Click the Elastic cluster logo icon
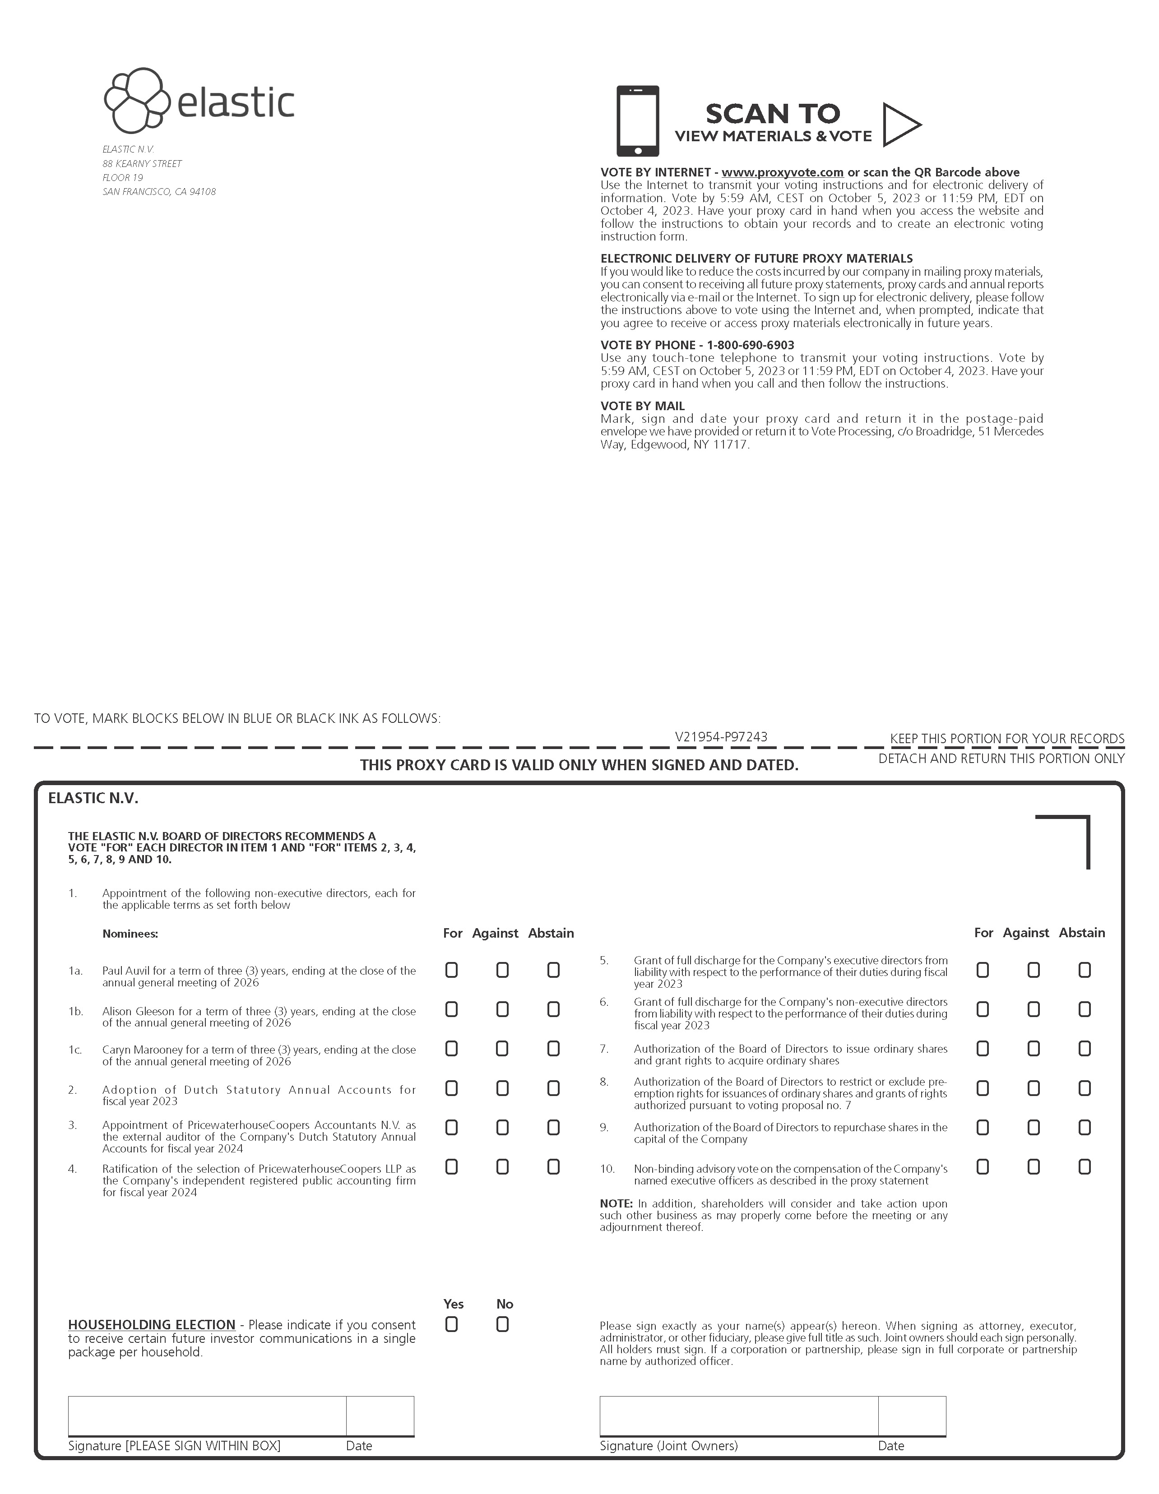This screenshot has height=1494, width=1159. point(137,101)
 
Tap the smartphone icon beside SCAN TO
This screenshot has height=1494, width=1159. point(638,121)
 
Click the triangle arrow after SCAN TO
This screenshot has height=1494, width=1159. point(900,125)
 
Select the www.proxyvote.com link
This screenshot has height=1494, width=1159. point(782,172)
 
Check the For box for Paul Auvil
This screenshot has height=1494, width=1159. point(452,970)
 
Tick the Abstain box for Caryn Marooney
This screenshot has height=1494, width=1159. point(553,1049)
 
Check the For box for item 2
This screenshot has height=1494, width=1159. point(452,1088)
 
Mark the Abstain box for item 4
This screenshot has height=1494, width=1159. point(553,1167)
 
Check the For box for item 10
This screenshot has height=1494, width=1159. point(983,1167)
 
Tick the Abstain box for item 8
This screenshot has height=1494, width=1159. point(1085,1088)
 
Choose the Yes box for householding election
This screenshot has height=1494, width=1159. point(452,1325)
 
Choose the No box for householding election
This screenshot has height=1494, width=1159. point(502,1325)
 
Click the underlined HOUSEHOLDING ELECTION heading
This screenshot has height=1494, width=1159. point(151,1325)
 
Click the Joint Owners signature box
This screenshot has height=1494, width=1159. point(738,1415)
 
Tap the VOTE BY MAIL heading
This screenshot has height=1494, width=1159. point(642,406)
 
